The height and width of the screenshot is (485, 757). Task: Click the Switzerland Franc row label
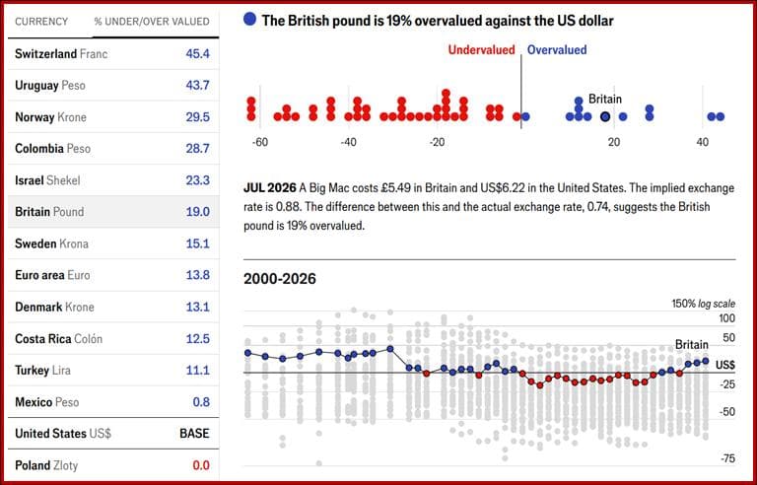[x=61, y=53]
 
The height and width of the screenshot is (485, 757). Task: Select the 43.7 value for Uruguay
[x=197, y=85]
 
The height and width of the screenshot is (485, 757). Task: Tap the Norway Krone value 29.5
[x=197, y=117]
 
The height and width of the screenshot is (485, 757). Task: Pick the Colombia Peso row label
[x=52, y=148]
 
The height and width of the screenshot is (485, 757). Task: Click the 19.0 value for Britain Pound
[x=198, y=212]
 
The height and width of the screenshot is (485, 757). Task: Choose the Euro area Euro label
[x=52, y=275]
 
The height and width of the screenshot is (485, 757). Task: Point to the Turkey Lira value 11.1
[x=198, y=370]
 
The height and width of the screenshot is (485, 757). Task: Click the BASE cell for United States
[x=194, y=434]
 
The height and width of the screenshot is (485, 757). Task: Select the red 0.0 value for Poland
[x=201, y=465]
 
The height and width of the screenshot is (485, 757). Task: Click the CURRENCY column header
[x=41, y=22]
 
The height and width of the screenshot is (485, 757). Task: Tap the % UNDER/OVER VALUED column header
[x=152, y=22]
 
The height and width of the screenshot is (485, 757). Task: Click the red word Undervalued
[x=481, y=49]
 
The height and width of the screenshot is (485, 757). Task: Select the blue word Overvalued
[x=557, y=49]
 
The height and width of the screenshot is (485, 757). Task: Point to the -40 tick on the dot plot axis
[x=348, y=143]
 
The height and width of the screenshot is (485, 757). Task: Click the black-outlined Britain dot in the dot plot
[x=605, y=116]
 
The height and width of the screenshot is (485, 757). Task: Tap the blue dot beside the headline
[x=250, y=20]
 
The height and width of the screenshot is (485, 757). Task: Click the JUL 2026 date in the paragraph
[x=269, y=188]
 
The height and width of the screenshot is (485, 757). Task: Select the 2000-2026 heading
[x=280, y=279]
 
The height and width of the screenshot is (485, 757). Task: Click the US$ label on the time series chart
[x=725, y=365]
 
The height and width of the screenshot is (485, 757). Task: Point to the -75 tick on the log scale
[x=726, y=458]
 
